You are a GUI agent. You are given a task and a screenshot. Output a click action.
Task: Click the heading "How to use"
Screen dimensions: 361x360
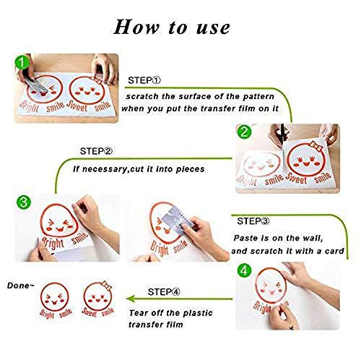click(x=172, y=27)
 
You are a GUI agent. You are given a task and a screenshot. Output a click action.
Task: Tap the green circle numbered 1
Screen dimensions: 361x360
click(x=22, y=62)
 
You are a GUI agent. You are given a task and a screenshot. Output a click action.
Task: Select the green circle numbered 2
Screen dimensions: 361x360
click(x=244, y=132)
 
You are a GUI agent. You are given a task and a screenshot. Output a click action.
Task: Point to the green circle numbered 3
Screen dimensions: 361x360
click(x=24, y=202)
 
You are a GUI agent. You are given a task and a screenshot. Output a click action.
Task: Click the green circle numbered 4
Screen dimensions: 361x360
click(x=244, y=270)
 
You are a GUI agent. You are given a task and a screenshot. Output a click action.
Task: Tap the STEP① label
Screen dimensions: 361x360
click(x=144, y=80)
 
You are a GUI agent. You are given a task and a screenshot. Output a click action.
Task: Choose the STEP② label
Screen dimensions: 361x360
click(x=96, y=151)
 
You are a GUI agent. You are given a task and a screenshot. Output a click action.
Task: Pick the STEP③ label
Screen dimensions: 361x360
click(x=253, y=221)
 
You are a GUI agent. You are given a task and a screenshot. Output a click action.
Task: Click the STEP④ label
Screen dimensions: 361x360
click(x=164, y=292)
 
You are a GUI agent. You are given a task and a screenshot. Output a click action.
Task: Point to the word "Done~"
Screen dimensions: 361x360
click(x=21, y=286)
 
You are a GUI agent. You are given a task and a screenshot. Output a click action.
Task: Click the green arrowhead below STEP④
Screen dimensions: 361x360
click(x=130, y=299)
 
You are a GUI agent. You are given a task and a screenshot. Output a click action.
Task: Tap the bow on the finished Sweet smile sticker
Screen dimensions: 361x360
click(x=107, y=285)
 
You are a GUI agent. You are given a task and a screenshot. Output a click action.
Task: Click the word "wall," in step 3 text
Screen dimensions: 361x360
click(x=313, y=238)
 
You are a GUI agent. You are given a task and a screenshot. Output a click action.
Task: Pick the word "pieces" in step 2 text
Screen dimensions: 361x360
click(x=190, y=169)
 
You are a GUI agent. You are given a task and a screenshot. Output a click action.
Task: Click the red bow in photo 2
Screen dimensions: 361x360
click(x=316, y=146)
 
